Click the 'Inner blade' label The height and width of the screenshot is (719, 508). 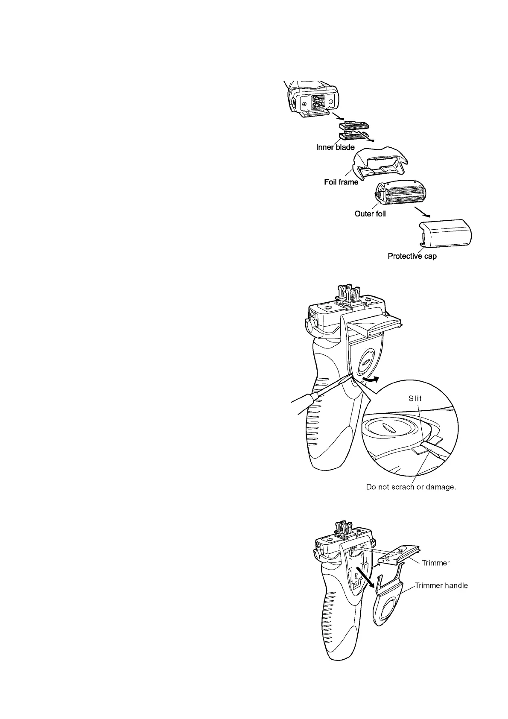[335, 147]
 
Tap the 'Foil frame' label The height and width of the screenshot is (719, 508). [341, 182]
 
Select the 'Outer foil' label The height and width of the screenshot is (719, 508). [370, 214]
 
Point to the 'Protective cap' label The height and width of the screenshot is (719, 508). [412, 256]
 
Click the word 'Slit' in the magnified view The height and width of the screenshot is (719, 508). [415, 398]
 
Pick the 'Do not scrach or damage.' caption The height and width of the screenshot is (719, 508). [411, 487]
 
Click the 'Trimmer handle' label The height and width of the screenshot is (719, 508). [441, 586]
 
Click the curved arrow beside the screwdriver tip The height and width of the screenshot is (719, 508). [369, 380]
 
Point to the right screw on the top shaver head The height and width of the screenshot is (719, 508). [332, 102]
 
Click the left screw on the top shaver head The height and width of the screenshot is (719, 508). [304, 104]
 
